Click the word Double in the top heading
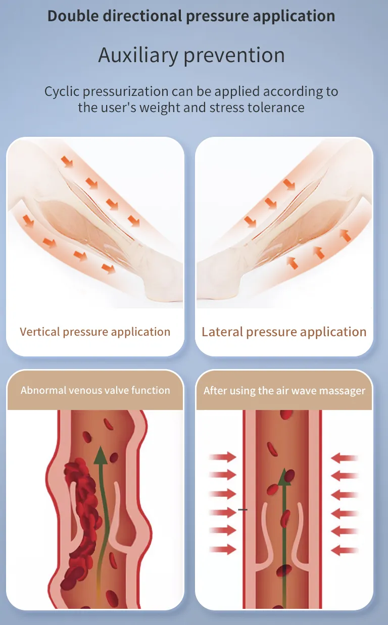pos(73,16)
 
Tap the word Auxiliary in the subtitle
pos(138,55)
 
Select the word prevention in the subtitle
pos(234,55)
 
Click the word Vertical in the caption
pos(39,332)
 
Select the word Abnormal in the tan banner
pos(43,390)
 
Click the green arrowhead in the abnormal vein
pos(101,455)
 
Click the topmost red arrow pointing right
pos(223,457)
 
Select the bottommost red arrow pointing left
pos(345,550)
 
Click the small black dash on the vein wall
pos(243,509)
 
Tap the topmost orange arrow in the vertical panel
pos(67,162)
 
